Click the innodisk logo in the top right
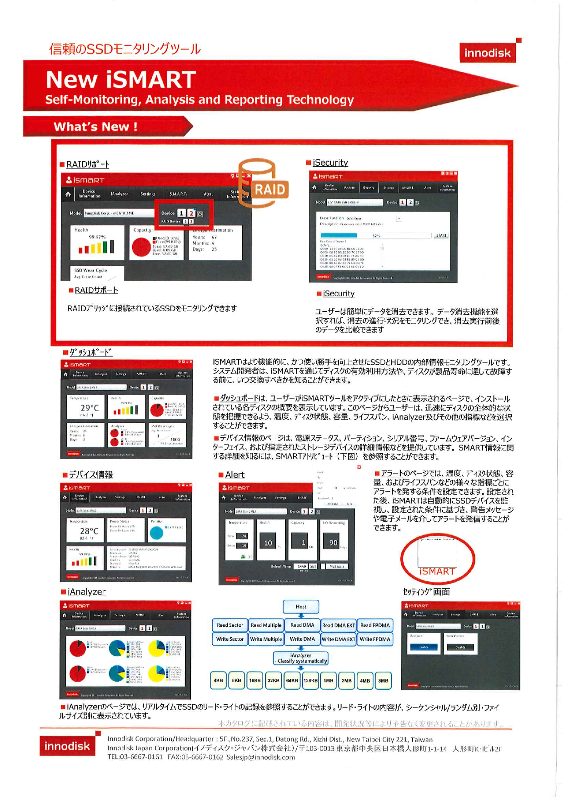point(488,53)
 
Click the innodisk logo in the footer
point(67,746)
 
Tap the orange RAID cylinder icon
point(264,184)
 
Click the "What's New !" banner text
point(95,127)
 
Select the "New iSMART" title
point(121,79)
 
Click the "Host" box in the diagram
point(301,606)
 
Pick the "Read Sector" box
point(230,625)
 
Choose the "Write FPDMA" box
point(375,639)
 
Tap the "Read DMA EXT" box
point(339,625)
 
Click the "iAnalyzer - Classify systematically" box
point(301,658)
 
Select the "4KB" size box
point(219,680)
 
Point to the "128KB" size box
point(310,680)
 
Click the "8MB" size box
point(384,680)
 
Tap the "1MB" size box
point(329,680)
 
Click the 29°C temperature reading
point(90,408)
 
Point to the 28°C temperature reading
point(89,530)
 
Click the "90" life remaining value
point(333,542)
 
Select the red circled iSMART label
point(437,571)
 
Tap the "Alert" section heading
point(235,475)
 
